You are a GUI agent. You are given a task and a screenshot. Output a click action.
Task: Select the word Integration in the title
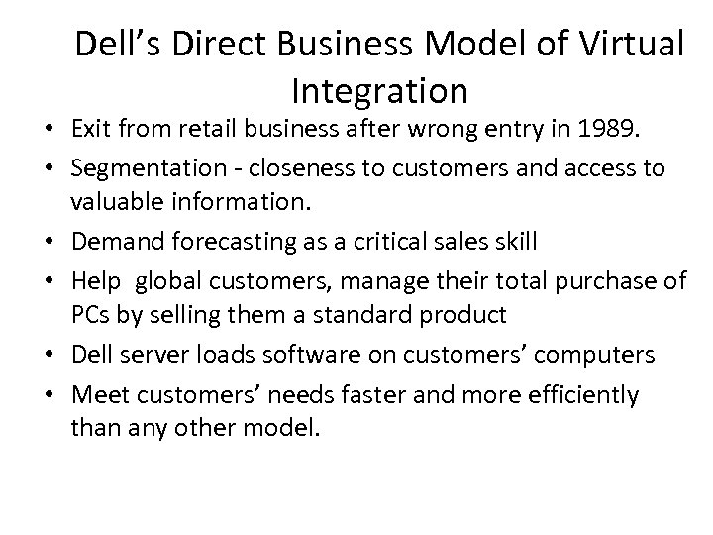click(379, 91)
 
